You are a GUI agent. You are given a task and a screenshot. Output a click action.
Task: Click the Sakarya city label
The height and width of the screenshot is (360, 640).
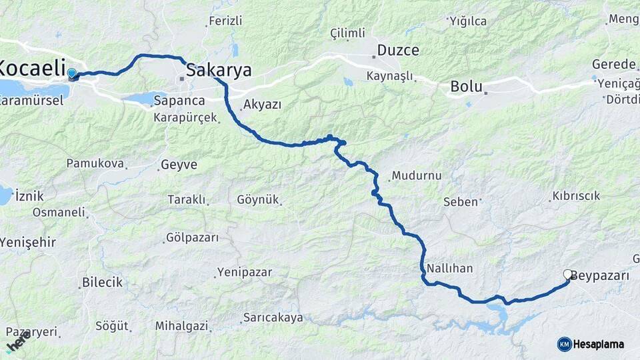click(219, 70)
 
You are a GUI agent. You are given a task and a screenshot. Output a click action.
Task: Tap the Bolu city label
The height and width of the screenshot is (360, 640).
click(466, 86)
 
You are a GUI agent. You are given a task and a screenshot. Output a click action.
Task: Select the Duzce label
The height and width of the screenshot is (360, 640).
click(398, 50)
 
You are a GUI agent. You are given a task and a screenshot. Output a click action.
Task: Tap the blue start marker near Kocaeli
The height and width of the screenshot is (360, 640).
click(71, 73)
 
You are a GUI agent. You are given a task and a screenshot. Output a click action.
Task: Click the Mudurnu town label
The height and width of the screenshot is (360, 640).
click(417, 176)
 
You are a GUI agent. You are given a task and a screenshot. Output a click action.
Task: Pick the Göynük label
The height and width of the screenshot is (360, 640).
click(258, 200)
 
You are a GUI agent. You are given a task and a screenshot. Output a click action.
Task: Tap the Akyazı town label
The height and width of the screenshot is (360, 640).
click(262, 105)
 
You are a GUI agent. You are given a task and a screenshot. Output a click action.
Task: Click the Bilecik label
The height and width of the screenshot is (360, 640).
click(102, 282)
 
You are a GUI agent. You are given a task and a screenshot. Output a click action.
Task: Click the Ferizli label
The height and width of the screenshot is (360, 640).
click(225, 21)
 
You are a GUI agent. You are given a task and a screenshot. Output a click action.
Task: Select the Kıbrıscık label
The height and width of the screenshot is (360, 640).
click(575, 196)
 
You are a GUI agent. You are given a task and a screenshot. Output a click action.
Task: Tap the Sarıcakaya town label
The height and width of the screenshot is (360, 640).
click(273, 318)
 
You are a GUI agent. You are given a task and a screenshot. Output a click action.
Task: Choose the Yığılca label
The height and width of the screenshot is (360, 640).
click(469, 21)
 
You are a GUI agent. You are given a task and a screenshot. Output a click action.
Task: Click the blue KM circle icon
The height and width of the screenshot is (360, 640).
click(564, 344)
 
